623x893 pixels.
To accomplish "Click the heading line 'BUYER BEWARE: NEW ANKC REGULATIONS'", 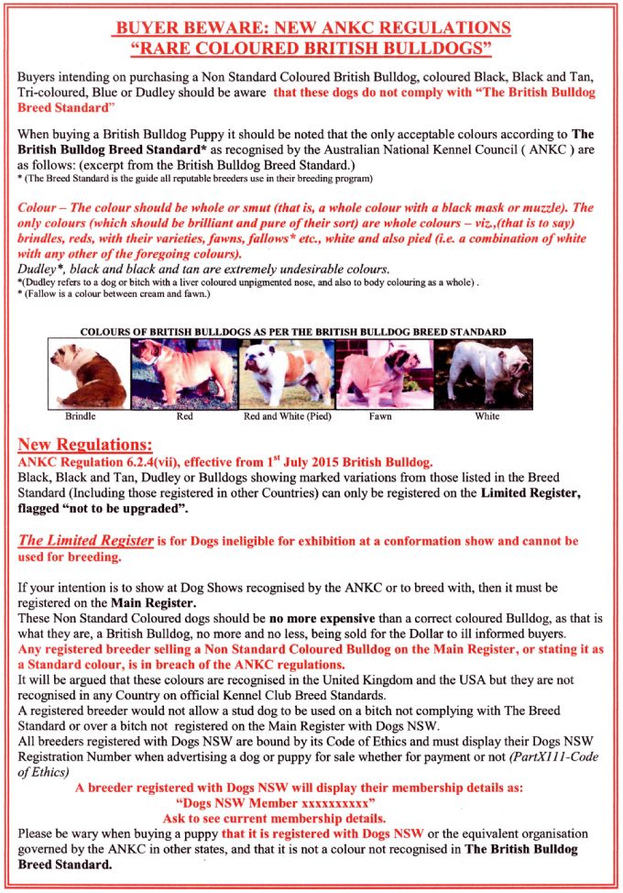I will [x=311, y=28].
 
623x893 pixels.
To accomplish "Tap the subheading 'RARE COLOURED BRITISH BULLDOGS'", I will [x=311, y=46].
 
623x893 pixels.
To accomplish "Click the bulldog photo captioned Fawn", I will [x=379, y=374].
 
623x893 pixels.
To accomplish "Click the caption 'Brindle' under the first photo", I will [x=82, y=416].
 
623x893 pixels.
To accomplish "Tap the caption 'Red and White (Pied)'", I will [x=287, y=416].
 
